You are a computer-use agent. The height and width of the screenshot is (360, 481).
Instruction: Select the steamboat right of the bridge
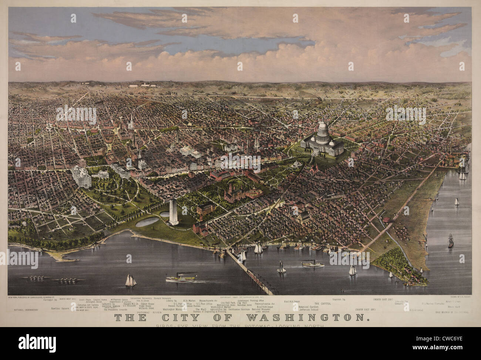pyautogui.click(x=313, y=265)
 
